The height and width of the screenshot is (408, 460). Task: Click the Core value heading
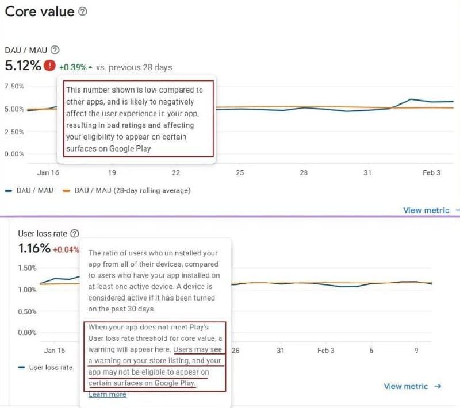pyautogui.click(x=39, y=11)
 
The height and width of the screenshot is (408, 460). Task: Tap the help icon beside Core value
pyautogui.click(x=83, y=11)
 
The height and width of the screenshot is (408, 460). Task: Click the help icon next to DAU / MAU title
pyautogui.click(x=55, y=50)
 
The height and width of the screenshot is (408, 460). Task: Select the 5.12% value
pyautogui.click(x=23, y=66)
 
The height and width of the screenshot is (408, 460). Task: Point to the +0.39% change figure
pyautogui.click(x=72, y=67)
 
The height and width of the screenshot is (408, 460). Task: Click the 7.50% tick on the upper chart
pyautogui.click(x=14, y=86)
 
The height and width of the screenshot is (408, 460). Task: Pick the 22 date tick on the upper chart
pyautogui.click(x=176, y=172)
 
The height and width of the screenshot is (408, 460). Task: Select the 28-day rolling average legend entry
pyautogui.click(x=132, y=190)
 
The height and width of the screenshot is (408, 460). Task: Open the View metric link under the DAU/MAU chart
pyautogui.click(x=426, y=210)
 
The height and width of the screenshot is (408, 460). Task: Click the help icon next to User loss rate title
pyautogui.click(x=74, y=234)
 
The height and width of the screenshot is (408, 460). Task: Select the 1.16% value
pyautogui.click(x=34, y=249)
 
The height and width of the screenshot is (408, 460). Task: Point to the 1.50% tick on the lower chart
pyautogui.click(x=28, y=268)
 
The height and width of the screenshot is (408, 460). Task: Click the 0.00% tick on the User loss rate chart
pyautogui.click(x=28, y=332)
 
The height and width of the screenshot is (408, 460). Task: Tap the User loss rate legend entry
pyautogui.click(x=51, y=367)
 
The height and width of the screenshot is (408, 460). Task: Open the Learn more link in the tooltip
pyautogui.click(x=108, y=394)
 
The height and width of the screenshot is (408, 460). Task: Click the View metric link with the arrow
pyautogui.click(x=412, y=386)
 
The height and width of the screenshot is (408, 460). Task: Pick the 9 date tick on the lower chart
pyautogui.click(x=416, y=350)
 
